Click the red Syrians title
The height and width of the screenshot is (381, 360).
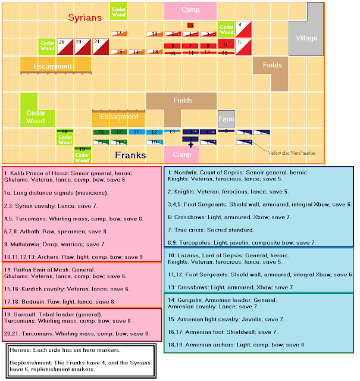(x=85, y=17)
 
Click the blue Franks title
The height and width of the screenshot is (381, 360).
(x=131, y=155)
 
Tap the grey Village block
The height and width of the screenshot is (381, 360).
(x=306, y=38)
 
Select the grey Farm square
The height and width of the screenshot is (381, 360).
(x=226, y=118)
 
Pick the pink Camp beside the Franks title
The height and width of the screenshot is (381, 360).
(x=181, y=154)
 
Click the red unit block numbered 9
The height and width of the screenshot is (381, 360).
(x=226, y=44)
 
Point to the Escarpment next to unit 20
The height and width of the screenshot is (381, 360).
(x=56, y=66)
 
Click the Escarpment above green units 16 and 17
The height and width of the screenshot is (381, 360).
(x=118, y=117)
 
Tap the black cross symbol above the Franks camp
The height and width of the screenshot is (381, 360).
(x=190, y=145)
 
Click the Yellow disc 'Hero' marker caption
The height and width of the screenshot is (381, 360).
(x=293, y=153)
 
